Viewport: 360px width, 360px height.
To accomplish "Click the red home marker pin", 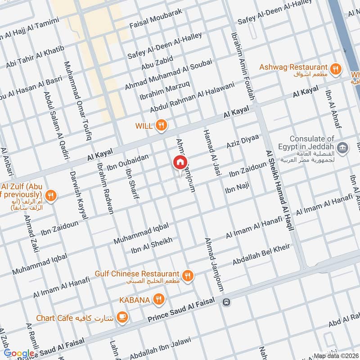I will pos(180,162).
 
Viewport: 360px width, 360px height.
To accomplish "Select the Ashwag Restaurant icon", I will pos(335,69).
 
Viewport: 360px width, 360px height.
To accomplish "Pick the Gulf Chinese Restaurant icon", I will pos(188,275).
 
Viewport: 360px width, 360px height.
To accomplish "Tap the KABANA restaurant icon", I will pos(158,298).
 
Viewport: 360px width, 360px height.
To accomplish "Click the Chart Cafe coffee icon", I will pos(122,318).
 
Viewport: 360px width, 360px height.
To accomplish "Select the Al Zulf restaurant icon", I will pos(51,196).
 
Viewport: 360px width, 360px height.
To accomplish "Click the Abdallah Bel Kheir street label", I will pos(261,255).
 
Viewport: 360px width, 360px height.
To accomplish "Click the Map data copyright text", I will pos(336,355).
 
